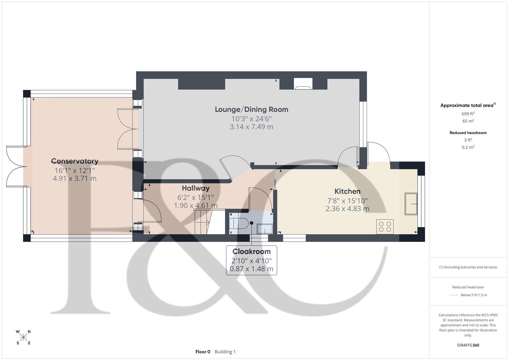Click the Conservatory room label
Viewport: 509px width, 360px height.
tap(75, 161)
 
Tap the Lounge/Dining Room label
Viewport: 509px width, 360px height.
tap(251, 109)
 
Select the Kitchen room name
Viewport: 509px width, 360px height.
tap(347, 191)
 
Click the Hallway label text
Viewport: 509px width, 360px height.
tap(196, 188)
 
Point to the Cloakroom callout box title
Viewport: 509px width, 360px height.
tap(251, 252)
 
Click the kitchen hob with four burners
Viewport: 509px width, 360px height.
tap(385, 227)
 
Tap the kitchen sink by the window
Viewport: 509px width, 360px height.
tap(411, 204)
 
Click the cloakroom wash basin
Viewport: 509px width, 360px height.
tap(265, 229)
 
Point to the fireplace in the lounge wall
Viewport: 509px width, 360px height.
tap(303, 84)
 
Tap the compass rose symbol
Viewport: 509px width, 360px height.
tap(23, 337)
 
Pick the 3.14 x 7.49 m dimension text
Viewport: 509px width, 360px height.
tap(251, 127)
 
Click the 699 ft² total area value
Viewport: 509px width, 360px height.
tap(468, 114)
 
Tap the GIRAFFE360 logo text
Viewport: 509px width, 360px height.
tap(468, 345)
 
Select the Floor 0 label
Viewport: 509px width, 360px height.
tap(203, 352)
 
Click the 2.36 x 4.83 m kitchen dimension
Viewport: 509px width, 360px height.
tap(347, 209)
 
